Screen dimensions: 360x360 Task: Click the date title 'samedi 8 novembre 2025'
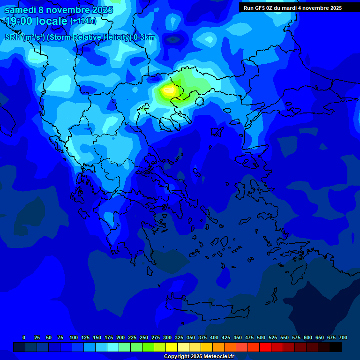[59, 10]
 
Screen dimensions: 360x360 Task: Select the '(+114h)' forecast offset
[83, 21]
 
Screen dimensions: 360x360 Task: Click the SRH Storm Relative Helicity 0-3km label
[80, 37]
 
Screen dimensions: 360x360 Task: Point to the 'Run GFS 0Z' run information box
[292, 8]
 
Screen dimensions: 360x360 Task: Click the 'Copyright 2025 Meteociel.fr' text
[199, 356]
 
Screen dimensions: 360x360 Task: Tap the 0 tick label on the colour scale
[24, 337]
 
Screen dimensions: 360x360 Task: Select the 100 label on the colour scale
[73, 337]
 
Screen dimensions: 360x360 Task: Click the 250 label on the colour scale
[143, 337]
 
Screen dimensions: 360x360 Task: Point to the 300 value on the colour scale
[167, 337]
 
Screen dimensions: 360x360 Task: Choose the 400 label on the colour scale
[214, 337]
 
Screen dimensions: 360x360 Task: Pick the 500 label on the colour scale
[261, 337]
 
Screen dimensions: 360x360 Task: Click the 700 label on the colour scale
[343, 337]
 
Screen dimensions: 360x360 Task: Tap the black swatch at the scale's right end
[336, 347]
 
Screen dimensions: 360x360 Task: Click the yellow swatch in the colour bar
[172, 347]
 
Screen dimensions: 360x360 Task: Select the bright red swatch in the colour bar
[265, 347]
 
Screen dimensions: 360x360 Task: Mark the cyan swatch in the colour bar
[113, 347]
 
